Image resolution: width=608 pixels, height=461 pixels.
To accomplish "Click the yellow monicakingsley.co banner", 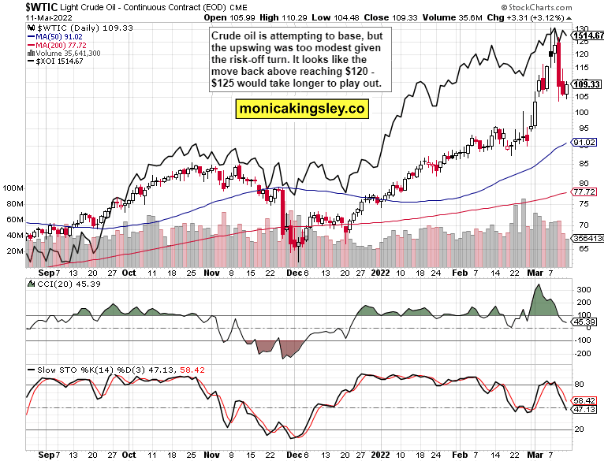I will click(x=303, y=110).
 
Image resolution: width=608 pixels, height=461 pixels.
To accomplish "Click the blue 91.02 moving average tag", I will click(x=584, y=143).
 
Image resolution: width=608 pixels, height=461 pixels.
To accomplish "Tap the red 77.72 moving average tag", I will click(x=584, y=192).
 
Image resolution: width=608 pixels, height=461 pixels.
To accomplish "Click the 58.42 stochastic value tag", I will click(x=584, y=401).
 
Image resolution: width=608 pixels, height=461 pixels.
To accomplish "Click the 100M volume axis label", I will click(x=14, y=189).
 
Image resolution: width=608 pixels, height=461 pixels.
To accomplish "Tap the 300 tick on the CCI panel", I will click(x=584, y=290).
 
